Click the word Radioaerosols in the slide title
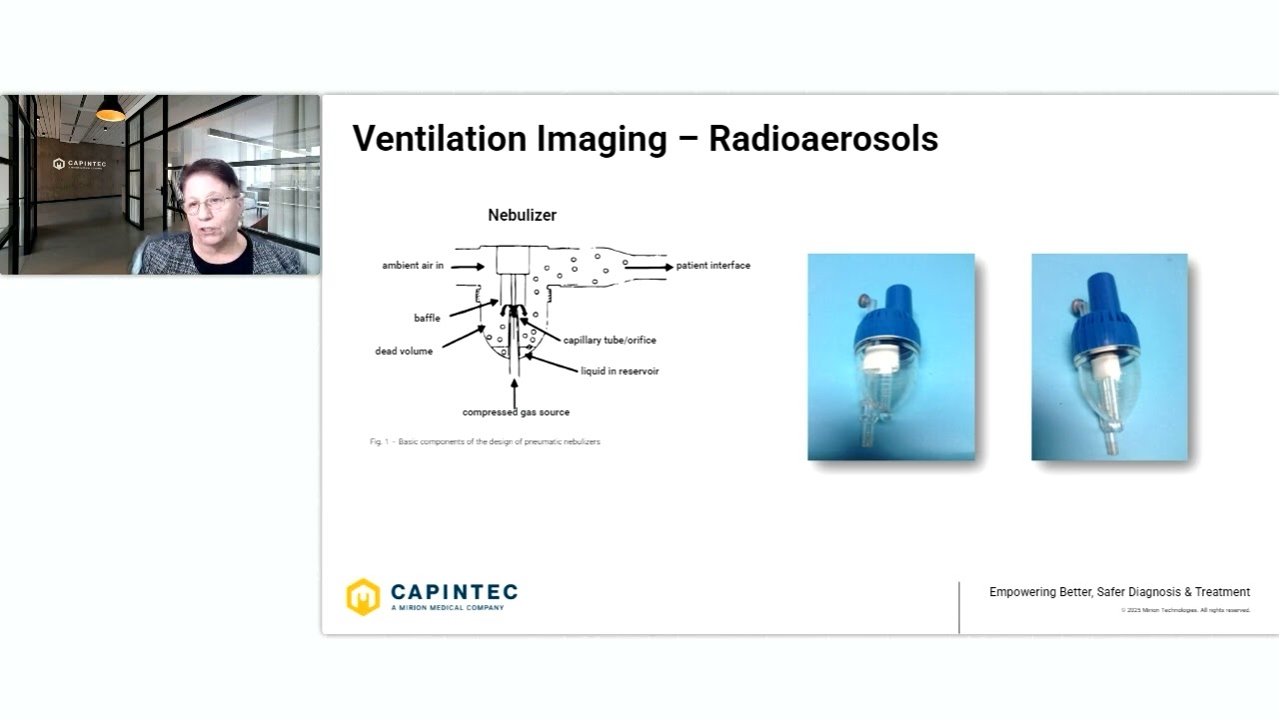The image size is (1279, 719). tap(823, 139)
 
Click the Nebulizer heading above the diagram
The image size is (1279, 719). tap(522, 215)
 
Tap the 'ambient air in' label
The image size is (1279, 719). tap(413, 266)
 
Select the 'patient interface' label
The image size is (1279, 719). tap(713, 266)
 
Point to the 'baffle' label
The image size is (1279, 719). tap(427, 319)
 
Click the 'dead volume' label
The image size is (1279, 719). tap(404, 352)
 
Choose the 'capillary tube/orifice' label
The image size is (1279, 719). tap(610, 341)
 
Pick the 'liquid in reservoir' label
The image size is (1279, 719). tap(620, 371)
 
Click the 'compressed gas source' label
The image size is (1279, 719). tap(516, 412)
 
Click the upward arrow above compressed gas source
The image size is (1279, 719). tap(515, 391)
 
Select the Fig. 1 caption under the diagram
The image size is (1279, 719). tap(485, 441)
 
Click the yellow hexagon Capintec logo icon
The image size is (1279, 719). tap(363, 596)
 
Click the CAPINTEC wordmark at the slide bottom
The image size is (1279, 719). tap(454, 592)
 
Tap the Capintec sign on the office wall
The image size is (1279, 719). tap(80, 164)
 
